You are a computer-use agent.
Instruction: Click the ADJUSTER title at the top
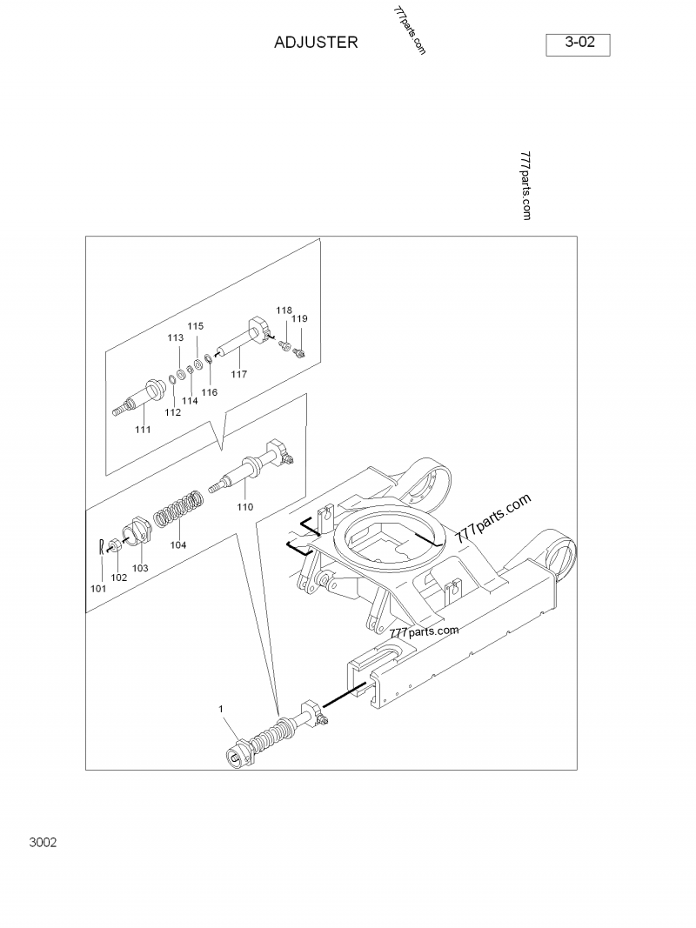(316, 42)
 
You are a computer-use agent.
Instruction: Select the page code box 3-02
(578, 42)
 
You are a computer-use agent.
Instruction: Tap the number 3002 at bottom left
(43, 843)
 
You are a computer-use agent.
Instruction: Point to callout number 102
(119, 577)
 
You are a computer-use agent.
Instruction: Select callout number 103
(140, 568)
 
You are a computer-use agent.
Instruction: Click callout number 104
(177, 545)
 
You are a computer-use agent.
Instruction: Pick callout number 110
(245, 506)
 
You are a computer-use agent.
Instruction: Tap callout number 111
(143, 429)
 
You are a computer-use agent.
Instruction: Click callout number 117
(238, 374)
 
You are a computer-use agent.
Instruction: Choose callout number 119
(299, 319)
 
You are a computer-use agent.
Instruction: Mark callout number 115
(196, 326)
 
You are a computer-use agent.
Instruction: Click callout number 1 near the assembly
(221, 710)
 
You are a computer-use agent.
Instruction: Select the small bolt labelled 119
(299, 351)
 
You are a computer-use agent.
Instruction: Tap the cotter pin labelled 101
(102, 547)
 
